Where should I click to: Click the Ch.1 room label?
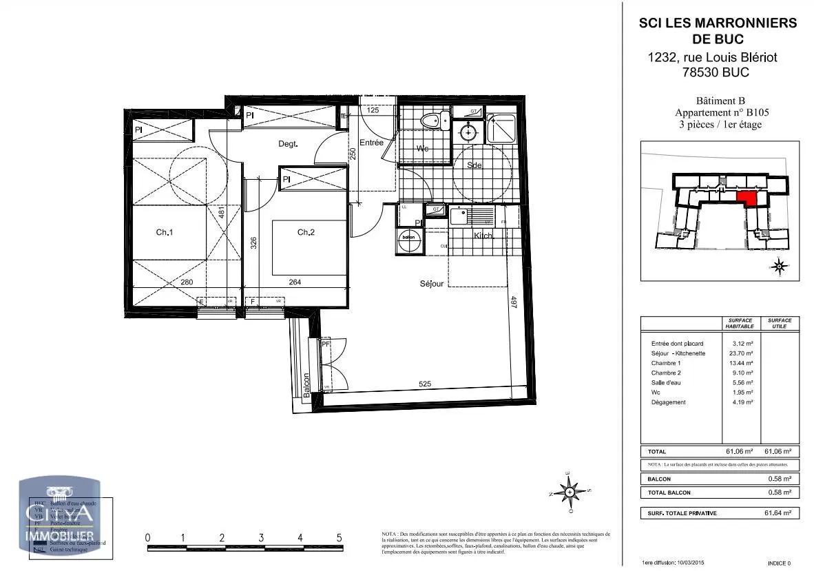[x=163, y=233]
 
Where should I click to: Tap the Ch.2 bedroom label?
[x=306, y=233]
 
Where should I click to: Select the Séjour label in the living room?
[x=432, y=284]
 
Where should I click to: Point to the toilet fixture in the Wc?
[x=432, y=121]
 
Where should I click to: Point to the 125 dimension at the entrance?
[x=373, y=110]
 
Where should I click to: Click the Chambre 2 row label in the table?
[x=665, y=373]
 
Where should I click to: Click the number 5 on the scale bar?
[x=339, y=537]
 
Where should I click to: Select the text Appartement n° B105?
[x=722, y=113]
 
